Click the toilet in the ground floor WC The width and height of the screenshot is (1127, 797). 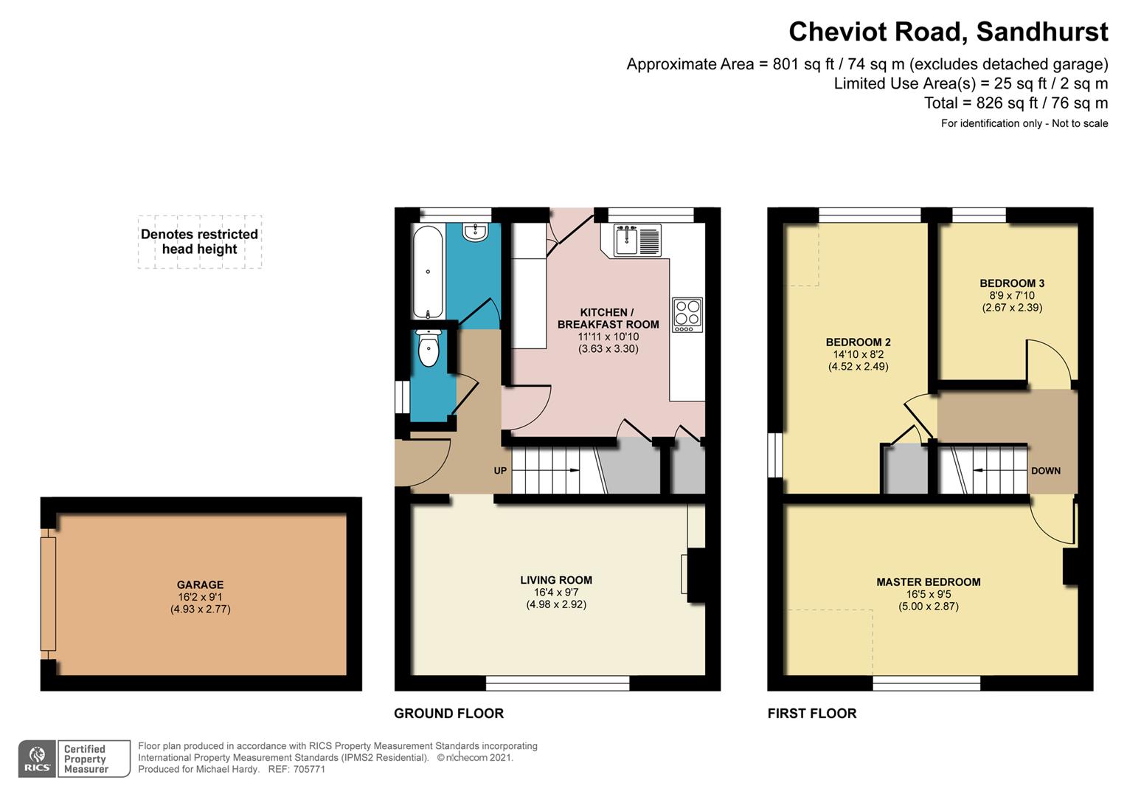pyautogui.click(x=429, y=348)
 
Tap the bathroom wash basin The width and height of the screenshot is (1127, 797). pyautogui.click(x=475, y=232)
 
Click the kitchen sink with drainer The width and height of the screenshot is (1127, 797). pyautogui.click(x=637, y=240)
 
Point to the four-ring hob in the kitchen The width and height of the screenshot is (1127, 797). pyautogui.click(x=687, y=315)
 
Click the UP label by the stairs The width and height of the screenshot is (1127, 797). pyautogui.click(x=500, y=471)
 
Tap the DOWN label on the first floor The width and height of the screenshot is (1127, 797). pyautogui.click(x=1045, y=471)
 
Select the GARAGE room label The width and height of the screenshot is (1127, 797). pyautogui.click(x=200, y=584)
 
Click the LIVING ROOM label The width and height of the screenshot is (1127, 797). pyautogui.click(x=556, y=580)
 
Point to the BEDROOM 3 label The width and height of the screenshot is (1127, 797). pyautogui.click(x=1012, y=283)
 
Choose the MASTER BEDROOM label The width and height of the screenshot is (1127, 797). pyautogui.click(x=929, y=582)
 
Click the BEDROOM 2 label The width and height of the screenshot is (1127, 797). pyautogui.click(x=859, y=342)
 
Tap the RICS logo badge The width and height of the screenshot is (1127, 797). pyautogui.click(x=37, y=758)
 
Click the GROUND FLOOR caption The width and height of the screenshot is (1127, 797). pyautogui.click(x=448, y=714)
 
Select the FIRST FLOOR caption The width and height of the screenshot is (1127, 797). pyautogui.click(x=812, y=714)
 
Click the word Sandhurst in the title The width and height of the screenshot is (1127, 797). pyautogui.click(x=1042, y=32)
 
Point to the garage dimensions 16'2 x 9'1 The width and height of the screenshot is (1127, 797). pyautogui.click(x=200, y=596)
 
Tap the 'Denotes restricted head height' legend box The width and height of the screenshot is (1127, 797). pyautogui.click(x=200, y=241)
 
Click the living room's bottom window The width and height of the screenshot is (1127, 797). pyautogui.click(x=558, y=683)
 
